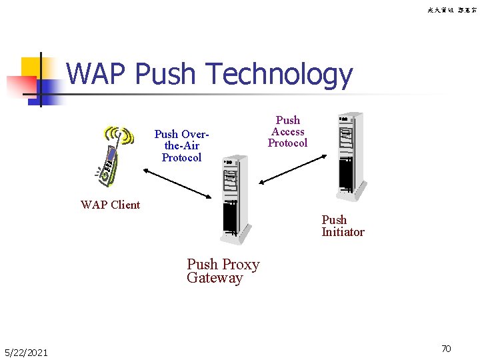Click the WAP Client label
(x=110, y=205)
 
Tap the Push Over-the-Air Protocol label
(x=181, y=146)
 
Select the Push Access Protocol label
(x=287, y=131)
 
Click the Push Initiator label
(x=343, y=226)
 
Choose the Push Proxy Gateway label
(x=223, y=271)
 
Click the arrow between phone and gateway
(x=176, y=183)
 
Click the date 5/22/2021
(x=26, y=352)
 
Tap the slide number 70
(x=446, y=348)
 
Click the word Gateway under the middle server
(x=215, y=278)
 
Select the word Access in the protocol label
(x=287, y=131)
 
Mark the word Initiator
(x=343, y=232)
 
